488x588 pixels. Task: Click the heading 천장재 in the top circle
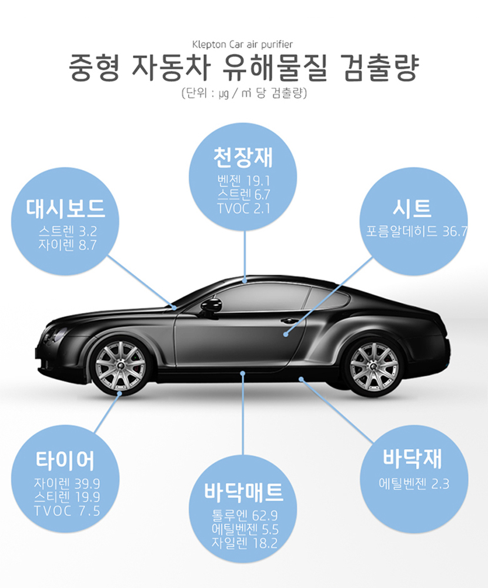[243, 158]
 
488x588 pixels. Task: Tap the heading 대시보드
[65, 208]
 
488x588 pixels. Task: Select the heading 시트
[412, 209]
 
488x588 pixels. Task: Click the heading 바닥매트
[243, 492]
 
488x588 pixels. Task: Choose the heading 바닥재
[412, 458]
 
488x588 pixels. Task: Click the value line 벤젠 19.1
[243, 181]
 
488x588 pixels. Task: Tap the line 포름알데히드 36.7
[417, 231]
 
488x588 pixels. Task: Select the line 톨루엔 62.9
[245, 516]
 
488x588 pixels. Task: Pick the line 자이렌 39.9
[67, 483]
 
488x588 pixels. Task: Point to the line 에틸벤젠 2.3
[414, 484]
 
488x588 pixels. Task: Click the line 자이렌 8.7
[68, 245]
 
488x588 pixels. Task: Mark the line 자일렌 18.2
[245, 543]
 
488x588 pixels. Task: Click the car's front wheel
[120, 366]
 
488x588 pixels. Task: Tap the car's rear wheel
[373, 366]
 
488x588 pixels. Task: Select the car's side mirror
[211, 306]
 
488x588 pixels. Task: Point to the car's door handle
[289, 321]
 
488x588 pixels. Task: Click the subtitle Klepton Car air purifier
[242, 44]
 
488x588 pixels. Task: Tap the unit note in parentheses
[244, 93]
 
